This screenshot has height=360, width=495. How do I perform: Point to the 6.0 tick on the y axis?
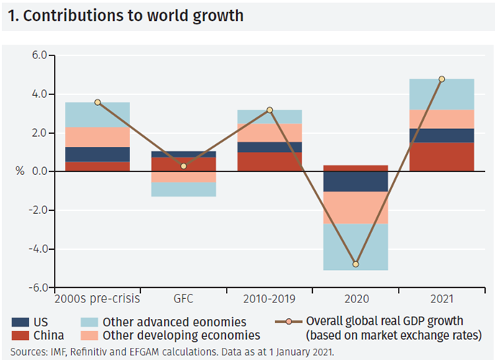(37, 55)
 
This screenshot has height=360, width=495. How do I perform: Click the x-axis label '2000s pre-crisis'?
(97, 297)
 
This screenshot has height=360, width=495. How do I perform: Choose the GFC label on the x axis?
(183, 297)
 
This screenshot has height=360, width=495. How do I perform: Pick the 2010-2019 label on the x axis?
(269, 297)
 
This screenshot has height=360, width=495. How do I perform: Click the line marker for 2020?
(355, 264)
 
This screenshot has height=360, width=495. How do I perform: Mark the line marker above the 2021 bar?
(442, 79)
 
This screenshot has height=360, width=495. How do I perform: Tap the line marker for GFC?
(183, 166)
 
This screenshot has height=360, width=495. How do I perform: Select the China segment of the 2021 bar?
(442, 157)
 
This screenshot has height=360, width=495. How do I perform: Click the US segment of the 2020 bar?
(355, 181)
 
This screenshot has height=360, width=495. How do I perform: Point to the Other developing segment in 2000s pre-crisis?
(97, 138)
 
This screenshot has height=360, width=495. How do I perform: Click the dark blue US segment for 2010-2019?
(269, 147)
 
